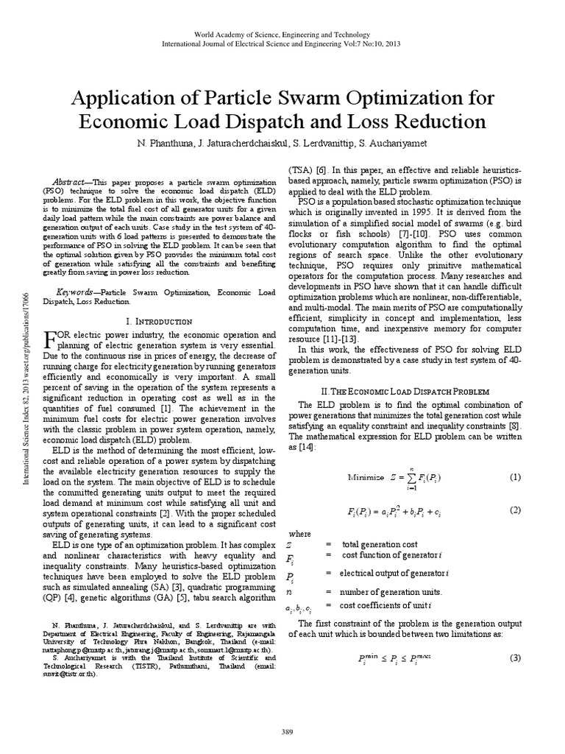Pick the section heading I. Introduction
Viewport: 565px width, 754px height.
(160, 321)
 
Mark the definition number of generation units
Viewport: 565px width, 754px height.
(391, 591)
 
